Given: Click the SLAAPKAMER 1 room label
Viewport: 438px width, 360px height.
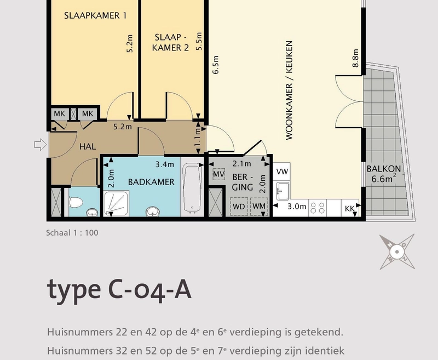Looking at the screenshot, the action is pos(95,16).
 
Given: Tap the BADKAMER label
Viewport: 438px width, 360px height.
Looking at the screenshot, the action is pos(151,182).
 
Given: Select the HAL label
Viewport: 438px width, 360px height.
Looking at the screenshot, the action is pos(88,146).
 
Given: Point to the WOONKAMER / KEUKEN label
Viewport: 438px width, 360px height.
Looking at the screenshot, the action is pos(289,90).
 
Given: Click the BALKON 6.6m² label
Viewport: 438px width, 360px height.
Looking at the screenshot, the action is pos(384,174).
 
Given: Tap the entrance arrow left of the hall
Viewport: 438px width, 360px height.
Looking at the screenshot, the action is pos(41,145).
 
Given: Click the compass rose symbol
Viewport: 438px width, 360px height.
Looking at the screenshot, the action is pos(397,252).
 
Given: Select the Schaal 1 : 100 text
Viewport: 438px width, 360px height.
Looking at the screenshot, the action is pos(72,233).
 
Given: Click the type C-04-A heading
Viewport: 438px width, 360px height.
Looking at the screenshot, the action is pos(119,290).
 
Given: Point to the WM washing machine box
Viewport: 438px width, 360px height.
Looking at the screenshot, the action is pos(259,206).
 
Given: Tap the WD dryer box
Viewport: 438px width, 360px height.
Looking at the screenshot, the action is pos(239,206).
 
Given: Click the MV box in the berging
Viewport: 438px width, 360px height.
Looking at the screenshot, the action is pos(218,174).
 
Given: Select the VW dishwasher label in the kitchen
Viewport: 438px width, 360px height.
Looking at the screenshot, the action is pos(282,172).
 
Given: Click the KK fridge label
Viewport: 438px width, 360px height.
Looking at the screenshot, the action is pos(350,209).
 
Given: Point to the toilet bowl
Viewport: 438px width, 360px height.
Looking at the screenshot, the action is pos(76,202).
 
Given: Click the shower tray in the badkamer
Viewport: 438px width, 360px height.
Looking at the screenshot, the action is pos(116,203).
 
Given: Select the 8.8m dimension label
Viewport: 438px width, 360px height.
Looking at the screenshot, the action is pos(355,58).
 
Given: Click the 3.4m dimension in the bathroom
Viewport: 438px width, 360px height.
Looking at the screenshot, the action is pos(165,164).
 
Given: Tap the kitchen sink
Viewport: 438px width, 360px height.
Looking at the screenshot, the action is pos(282,191).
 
